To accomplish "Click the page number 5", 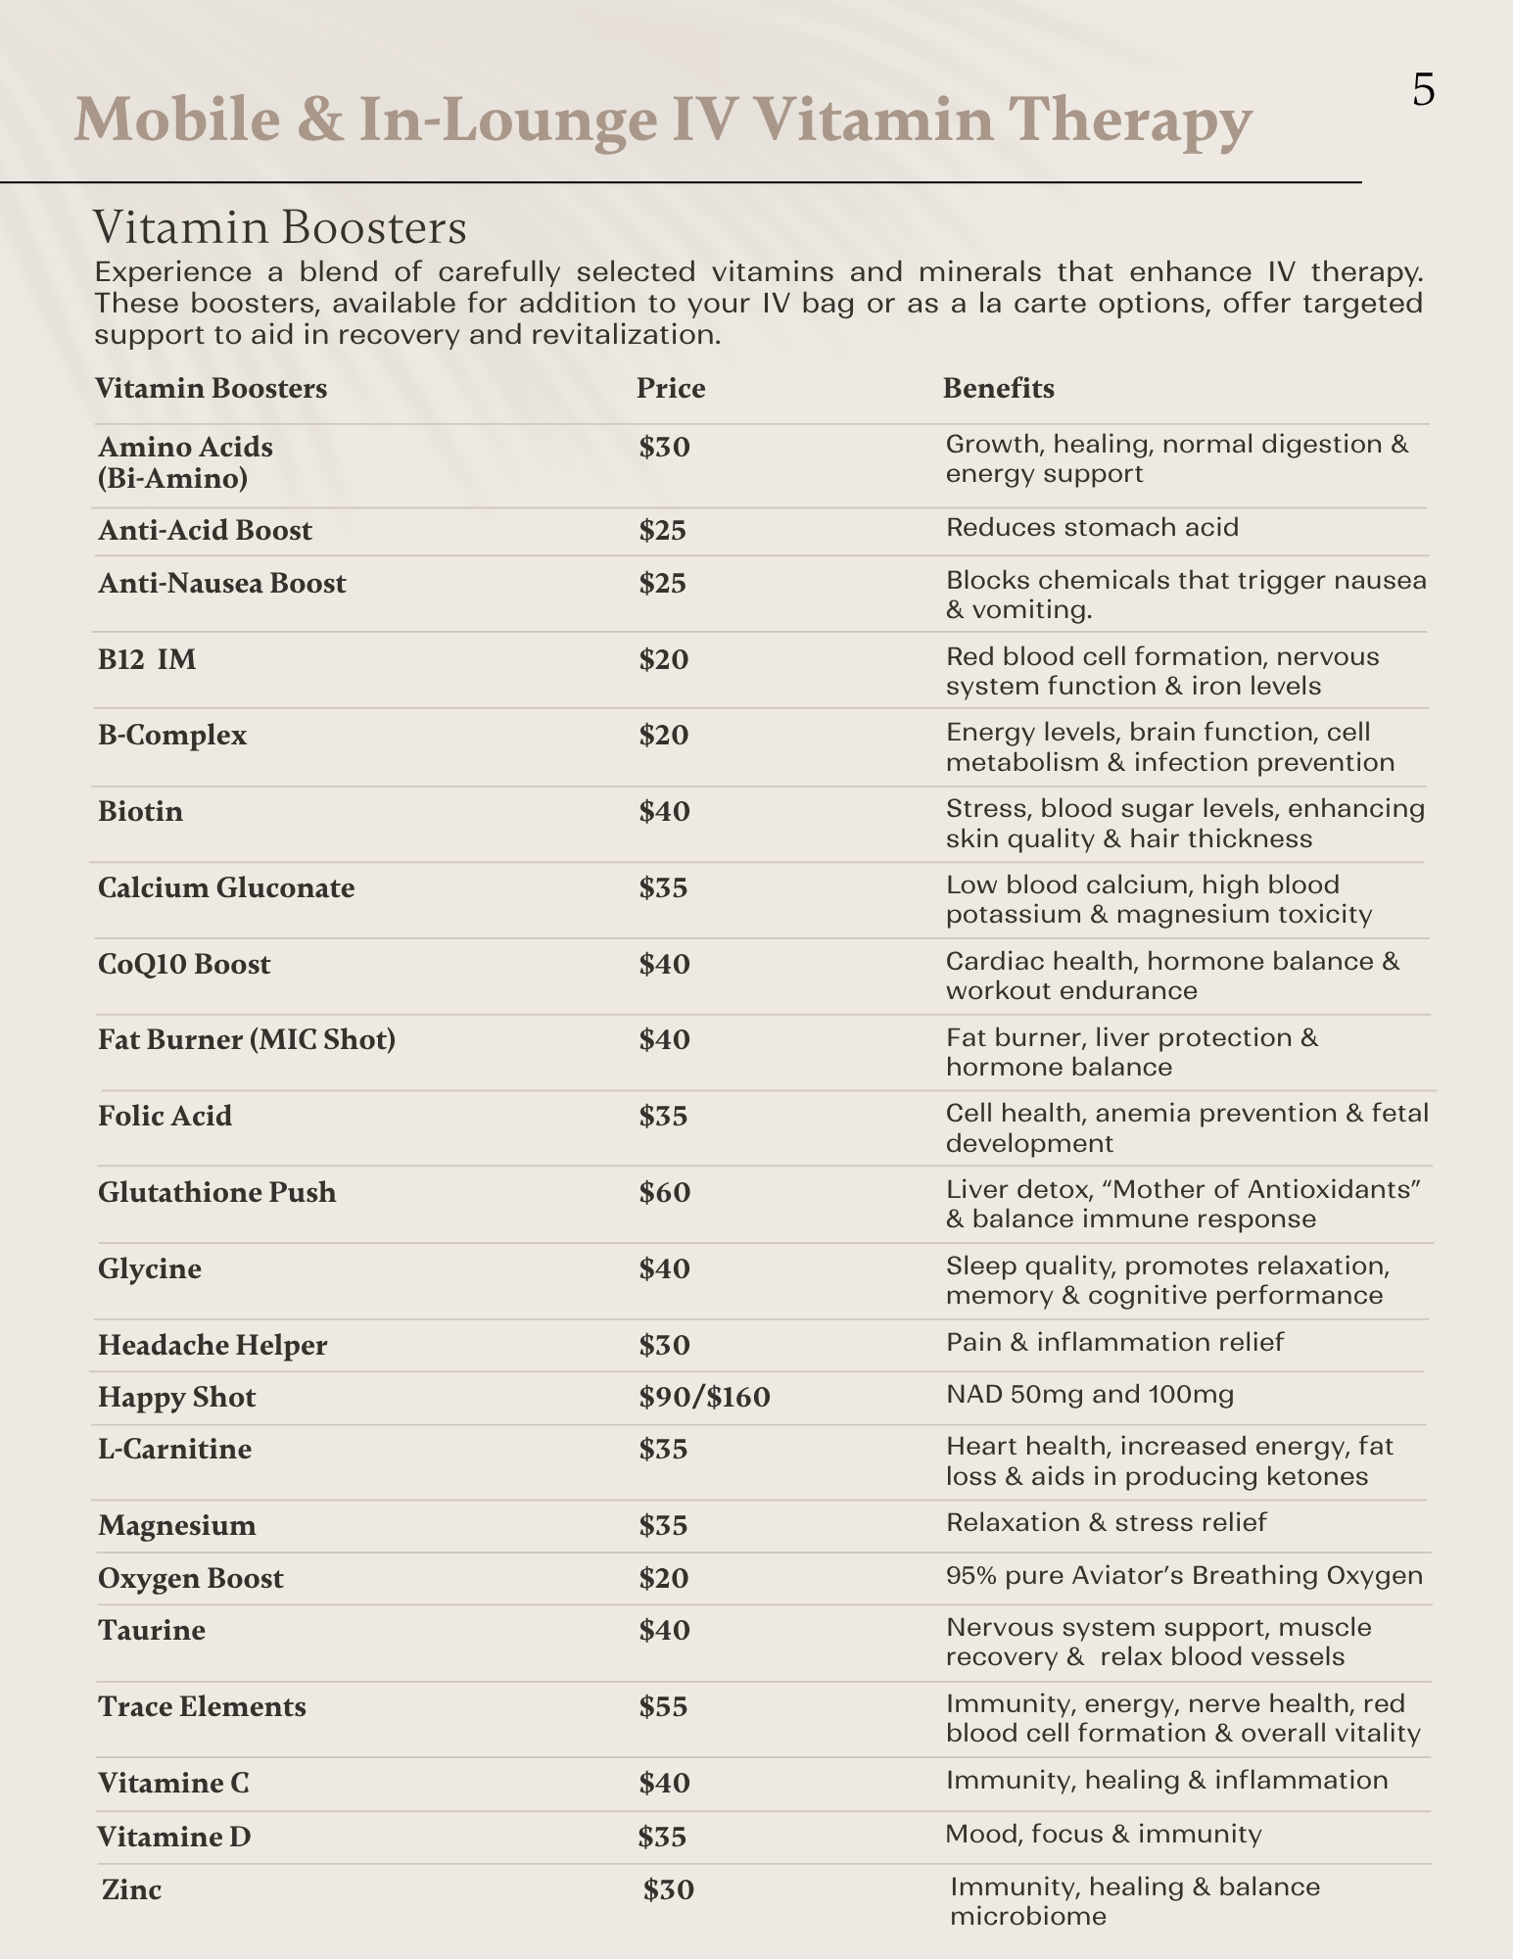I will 1423,90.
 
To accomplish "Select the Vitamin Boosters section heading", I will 280,227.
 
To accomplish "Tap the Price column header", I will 671,389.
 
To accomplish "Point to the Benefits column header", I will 998,389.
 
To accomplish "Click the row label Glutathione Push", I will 216,1192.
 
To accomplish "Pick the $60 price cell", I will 665,1192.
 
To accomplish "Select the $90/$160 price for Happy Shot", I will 704,1397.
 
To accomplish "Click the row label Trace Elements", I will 202,1706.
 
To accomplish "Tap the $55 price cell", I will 664,1706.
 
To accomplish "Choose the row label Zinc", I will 131,1888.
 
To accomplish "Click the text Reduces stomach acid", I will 1092,528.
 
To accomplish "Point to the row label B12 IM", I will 147,659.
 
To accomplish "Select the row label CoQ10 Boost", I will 184,964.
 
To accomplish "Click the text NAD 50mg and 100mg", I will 1090,1394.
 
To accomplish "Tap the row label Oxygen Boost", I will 191,1578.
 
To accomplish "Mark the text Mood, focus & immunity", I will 1103,1834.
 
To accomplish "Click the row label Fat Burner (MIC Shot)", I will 247,1039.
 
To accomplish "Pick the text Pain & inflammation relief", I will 1114,1342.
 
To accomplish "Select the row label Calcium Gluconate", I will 226,887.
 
